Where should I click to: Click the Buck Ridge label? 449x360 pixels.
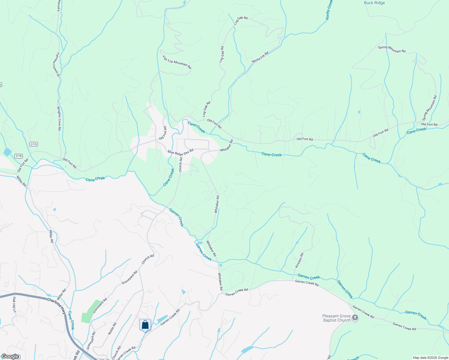(374, 3)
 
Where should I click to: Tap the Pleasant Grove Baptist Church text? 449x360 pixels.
(336, 318)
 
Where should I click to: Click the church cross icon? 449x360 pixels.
(355, 318)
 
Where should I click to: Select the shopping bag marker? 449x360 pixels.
(145, 325)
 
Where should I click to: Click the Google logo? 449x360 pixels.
(10, 356)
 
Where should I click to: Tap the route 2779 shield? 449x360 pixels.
(34, 144)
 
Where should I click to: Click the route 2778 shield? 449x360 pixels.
(19, 156)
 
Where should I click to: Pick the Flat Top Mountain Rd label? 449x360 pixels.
(177, 62)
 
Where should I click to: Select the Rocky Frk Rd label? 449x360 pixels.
(260, 57)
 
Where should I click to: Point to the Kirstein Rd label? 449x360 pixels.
(299, 260)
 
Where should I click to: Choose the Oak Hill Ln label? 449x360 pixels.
(14, 304)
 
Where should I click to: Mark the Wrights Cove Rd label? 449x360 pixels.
(59, 118)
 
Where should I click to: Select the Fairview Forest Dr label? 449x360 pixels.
(56, 64)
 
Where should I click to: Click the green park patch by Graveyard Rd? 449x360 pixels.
(91, 311)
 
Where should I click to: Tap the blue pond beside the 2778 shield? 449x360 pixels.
(7, 152)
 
